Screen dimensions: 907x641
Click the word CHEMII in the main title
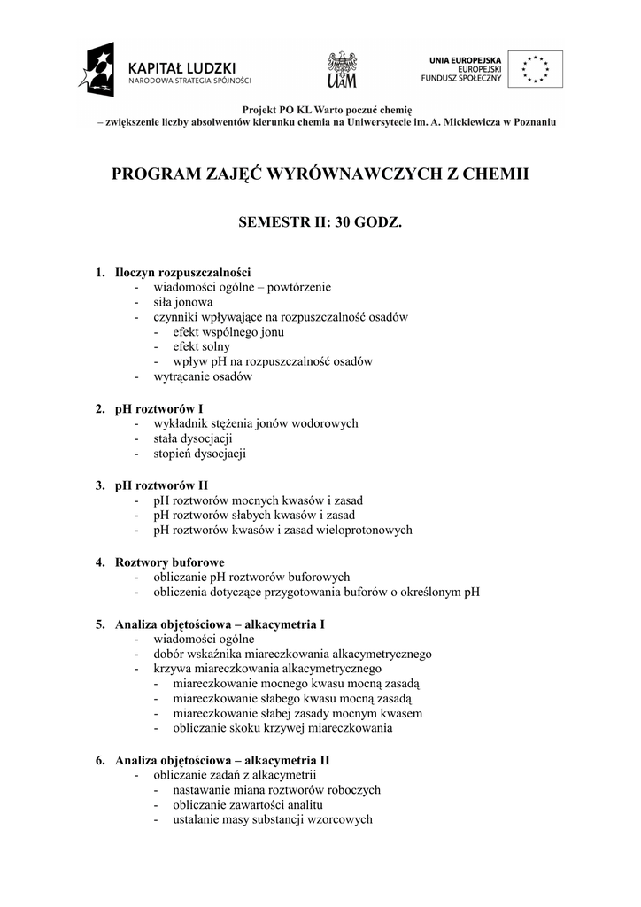(492, 174)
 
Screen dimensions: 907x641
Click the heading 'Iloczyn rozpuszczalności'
(183, 272)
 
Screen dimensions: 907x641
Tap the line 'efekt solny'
(202, 346)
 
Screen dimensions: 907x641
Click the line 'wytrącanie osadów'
(203, 376)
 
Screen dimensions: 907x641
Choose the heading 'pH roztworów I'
(159, 409)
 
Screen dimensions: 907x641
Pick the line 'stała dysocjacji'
(193, 438)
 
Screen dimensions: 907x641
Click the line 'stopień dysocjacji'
(199, 453)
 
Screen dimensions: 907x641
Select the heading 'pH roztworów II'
(162, 485)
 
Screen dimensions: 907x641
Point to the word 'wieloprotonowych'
(360, 531)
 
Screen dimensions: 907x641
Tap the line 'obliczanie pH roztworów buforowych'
(251, 577)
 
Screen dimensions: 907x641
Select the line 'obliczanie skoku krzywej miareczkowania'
(283, 729)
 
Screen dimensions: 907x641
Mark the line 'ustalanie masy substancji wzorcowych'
(273, 820)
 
